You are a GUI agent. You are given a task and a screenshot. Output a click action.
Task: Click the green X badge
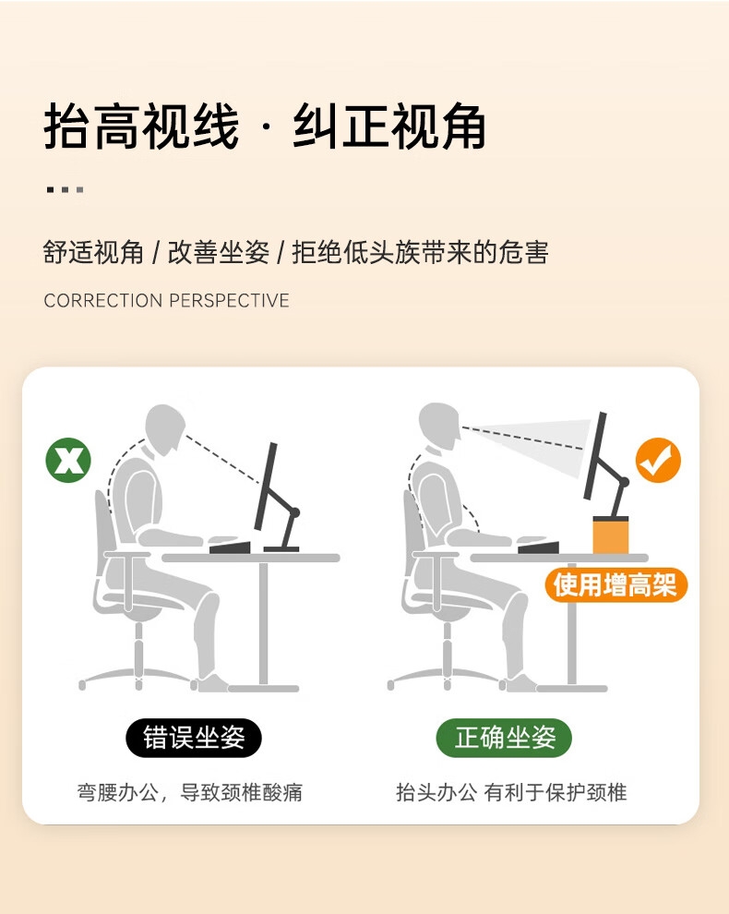[x=68, y=460]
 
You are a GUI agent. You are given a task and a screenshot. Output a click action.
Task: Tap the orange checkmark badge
[x=658, y=460]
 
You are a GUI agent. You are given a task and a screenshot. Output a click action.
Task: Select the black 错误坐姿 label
[x=194, y=738]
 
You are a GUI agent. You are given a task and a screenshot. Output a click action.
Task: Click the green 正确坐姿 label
[x=504, y=738]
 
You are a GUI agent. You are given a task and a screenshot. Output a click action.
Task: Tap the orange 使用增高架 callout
[x=615, y=584]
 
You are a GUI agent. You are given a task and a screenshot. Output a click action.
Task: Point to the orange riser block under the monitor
[x=610, y=535]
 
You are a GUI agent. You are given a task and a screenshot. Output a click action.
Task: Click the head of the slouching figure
[x=165, y=429]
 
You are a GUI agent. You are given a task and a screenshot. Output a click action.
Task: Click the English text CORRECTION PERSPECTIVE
[x=167, y=300]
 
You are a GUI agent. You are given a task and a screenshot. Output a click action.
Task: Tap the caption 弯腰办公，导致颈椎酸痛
[x=190, y=793]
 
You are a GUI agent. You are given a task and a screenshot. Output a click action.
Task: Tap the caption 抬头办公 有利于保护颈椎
[x=511, y=793]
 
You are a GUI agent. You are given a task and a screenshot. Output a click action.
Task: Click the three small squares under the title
[x=65, y=189]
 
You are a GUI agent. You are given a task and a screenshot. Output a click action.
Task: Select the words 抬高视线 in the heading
[x=141, y=126]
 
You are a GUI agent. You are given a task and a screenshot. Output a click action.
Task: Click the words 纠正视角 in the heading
[x=389, y=126]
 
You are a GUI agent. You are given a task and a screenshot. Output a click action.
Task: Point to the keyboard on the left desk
[x=230, y=547]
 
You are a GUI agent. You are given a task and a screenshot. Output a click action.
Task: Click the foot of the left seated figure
[x=211, y=684]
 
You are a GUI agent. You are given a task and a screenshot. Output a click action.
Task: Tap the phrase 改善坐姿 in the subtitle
[x=218, y=253]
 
